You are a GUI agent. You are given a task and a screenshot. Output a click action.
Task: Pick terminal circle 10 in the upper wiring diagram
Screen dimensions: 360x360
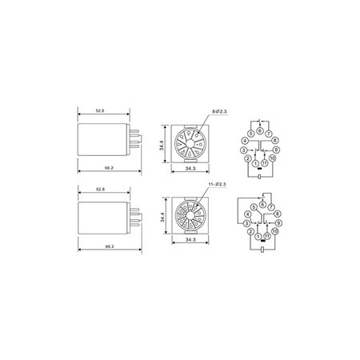[x=274, y=158]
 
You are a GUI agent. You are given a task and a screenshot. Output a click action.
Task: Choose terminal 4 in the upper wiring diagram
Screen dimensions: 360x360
[x=245, y=141]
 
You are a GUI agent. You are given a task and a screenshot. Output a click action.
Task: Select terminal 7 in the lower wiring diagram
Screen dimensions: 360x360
[x=271, y=207]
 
